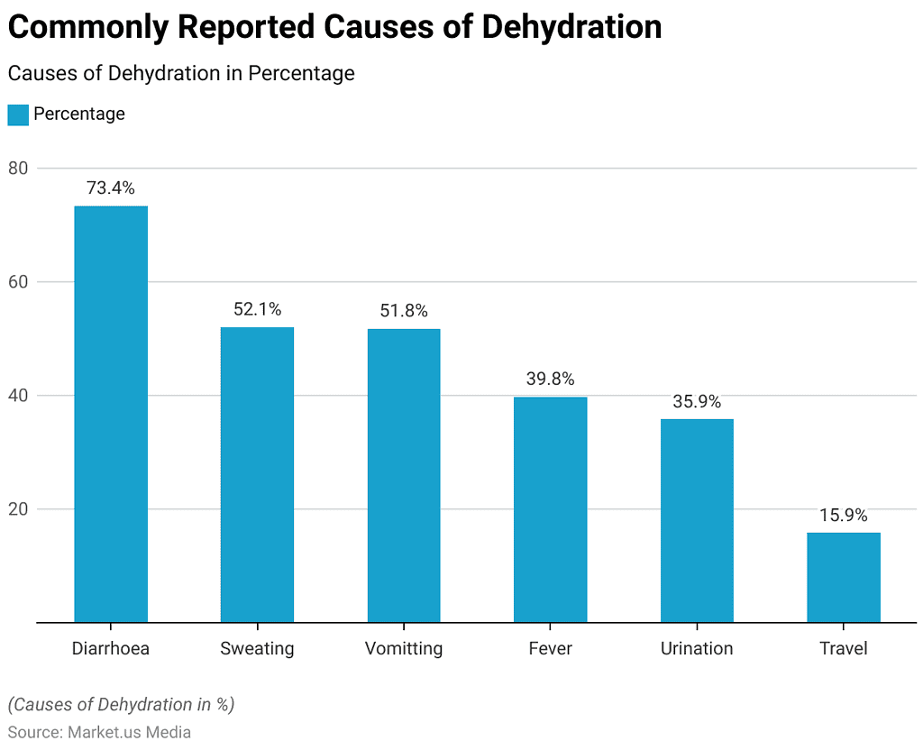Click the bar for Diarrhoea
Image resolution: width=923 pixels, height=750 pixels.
(x=111, y=414)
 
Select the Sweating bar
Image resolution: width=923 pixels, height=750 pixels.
(x=257, y=474)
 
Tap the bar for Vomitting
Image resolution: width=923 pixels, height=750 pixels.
(x=404, y=475)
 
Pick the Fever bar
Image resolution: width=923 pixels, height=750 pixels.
(x=550, y=509)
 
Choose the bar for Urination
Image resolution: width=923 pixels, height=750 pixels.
(x=697, y=520)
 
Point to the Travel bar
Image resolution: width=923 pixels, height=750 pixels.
(x=844, y=577)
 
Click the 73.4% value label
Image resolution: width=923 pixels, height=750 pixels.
(x=111, y=188)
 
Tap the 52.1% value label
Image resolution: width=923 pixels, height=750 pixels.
(x=257, y=309)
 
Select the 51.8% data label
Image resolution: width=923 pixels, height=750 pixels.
(x=404, y=311)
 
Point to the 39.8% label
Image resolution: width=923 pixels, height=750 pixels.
(x=550, y=379)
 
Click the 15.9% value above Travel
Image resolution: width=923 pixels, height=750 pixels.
(x=844, y=516)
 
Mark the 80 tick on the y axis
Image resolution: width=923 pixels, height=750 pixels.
(x=19, y=169)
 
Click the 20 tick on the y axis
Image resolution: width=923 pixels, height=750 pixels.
(x=19, y=509)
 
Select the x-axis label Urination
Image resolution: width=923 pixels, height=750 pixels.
(x=697, y=648)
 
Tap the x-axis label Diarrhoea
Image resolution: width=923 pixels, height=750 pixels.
(x=111, y=648)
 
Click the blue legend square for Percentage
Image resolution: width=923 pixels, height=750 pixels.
(x=18, y=114)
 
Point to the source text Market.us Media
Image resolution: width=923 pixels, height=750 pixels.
(x=129, y=732)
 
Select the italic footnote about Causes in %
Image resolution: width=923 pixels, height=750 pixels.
(x=121, y=704)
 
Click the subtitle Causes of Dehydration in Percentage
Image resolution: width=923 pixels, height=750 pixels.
(x=181, y=73)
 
